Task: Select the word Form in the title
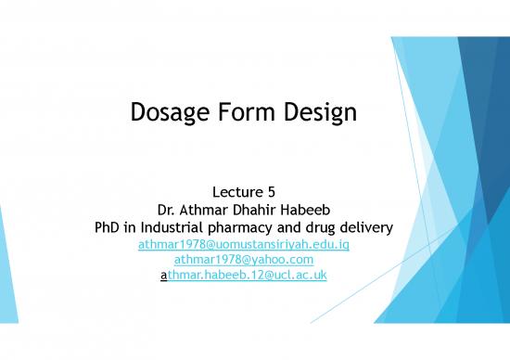tap(250, 114)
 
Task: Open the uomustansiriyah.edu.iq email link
tap(242, 244)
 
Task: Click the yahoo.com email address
tap(243, 259)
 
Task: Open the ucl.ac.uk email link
tap(242, 275)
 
